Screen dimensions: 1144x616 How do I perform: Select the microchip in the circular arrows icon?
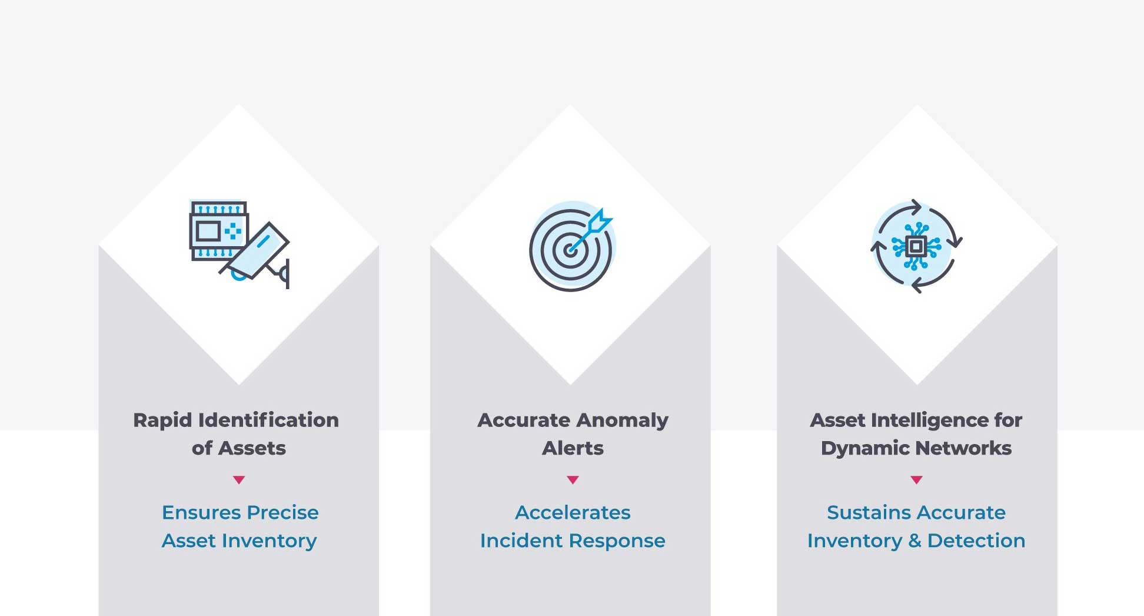click(x=916, y=246)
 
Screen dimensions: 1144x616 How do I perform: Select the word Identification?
click(x=268, y=420)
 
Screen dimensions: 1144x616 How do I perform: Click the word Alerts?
click(x=573, y=448)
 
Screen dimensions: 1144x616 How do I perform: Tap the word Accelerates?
click(x=573, y=513)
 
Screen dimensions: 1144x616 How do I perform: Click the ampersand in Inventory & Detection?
click(x=914, y=541)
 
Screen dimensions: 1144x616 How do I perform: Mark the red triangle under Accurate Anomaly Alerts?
click(x=573, y=479)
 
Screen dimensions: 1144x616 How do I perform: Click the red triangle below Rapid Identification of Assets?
click(x=239, y=479)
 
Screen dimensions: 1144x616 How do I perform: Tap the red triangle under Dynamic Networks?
click(x=916, y=479)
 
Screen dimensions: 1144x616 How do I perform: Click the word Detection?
click(x=976, y=541)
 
